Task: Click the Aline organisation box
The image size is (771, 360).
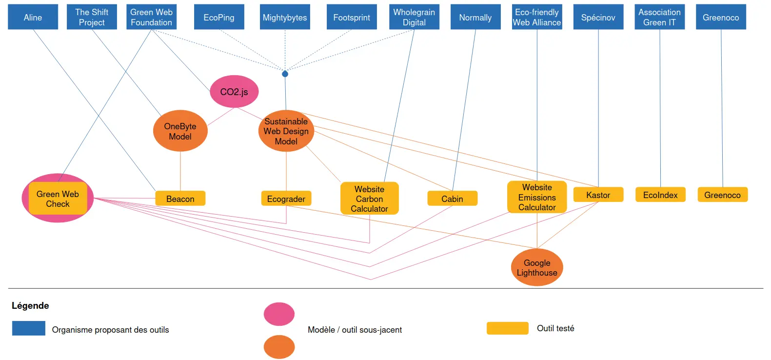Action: [x=33, y=17]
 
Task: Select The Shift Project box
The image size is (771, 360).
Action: [x=92, y=17]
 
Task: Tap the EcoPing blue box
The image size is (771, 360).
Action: [x=219, y=17]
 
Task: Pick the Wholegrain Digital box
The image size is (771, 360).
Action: [x=414, y=17]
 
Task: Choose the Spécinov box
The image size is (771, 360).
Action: [x=598, y=17]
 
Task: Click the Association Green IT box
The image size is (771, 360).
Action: [x=659, y=17]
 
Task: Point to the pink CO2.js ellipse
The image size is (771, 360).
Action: [x=234, y=92]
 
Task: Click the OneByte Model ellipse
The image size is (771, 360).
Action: [x=180, y=131]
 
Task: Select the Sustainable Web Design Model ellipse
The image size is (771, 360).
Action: [x=286, y=131]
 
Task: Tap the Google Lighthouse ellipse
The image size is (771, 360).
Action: [x=537, y=267]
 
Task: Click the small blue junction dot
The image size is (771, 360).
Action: [x=285, y=74]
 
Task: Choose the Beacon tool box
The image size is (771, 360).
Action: [x=180, y=199]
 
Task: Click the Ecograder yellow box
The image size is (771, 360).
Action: [x=286, y=199]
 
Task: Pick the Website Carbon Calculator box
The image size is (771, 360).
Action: [x=369, y=199]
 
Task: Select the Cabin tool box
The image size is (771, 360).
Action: [x=452, y=199]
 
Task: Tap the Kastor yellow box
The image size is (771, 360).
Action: [x=598, y=195]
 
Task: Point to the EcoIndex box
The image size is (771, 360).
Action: [x=660, y=195]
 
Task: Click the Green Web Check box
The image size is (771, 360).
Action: [x=58, y=199]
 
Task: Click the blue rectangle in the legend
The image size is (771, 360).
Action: [x=29, y=328]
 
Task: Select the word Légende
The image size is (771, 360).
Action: [x=30, y=306]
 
